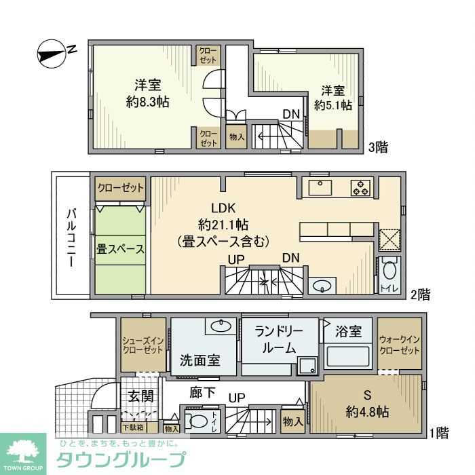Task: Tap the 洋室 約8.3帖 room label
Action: coord(147,94)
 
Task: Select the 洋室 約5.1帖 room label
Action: coord(333,98)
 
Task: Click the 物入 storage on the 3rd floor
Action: coord(237,136)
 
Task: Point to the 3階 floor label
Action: coord(378,147)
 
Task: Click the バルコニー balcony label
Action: coord(71,237)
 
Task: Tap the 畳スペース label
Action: coord(120,249)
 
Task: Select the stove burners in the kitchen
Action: coord(361,187)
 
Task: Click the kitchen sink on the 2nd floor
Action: coord(320,187)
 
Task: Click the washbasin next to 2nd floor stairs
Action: coord(322,286)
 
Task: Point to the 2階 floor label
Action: coord(420,294)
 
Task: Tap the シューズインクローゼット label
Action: coord(143,345)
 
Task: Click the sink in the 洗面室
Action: coord(221,326)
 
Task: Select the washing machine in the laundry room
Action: coord(307,366)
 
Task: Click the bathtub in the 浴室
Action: coord(347,356)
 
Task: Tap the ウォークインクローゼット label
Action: coord(399,345)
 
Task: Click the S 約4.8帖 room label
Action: coord(367,404)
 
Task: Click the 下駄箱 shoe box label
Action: coord(133,427)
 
